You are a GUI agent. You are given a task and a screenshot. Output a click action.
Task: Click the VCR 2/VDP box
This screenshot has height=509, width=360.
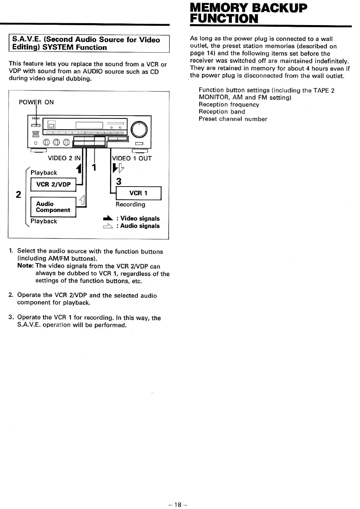tap(53, 185)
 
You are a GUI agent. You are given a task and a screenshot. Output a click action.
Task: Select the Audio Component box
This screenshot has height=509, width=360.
tap(53, 207)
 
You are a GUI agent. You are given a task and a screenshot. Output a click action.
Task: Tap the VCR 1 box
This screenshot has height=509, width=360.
tap(138, 193)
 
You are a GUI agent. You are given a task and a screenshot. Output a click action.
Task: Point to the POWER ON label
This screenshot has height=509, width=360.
tap(36, 102)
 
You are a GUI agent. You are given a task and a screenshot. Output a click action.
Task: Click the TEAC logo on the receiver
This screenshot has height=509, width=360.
tap(35, 118)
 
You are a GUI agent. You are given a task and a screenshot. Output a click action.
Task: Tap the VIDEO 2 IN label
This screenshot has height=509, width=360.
tap(64, 158)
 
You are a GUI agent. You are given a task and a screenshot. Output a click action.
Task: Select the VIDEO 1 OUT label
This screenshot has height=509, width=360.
tap(132, 158)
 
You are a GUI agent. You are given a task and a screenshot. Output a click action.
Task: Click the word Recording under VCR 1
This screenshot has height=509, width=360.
tap(130, 205)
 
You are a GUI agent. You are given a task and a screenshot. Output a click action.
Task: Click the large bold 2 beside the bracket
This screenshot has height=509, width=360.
tap(19, 194)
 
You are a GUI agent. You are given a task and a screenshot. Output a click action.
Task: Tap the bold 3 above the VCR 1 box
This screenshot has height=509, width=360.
tap(118, 181)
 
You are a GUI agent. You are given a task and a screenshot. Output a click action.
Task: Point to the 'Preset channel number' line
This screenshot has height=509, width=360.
tap(233, 119)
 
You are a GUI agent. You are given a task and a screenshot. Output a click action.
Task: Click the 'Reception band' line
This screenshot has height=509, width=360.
tap(222, 112)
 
